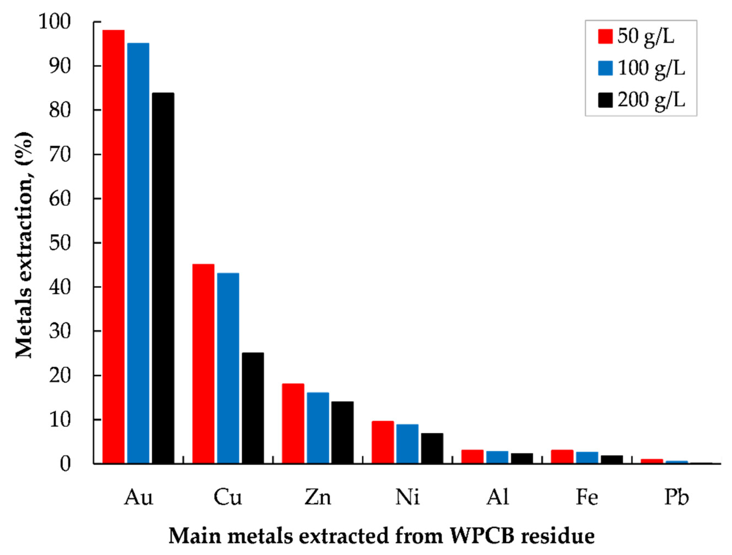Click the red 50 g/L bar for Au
113,247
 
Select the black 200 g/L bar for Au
163,278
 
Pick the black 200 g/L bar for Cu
252,408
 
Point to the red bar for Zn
293,424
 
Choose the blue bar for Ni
407,444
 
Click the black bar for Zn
342,432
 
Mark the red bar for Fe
562,457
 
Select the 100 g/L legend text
651,68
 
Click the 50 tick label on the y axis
60,243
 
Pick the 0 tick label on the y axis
65,464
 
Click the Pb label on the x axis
677,497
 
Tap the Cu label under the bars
228,497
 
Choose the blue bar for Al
497,457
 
